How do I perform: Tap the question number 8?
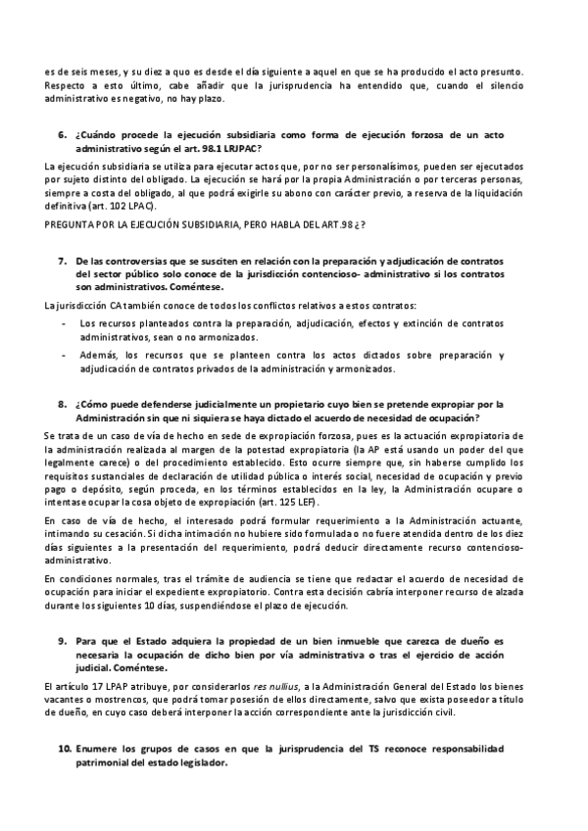[62, 402]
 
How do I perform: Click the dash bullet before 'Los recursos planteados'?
[64, 321]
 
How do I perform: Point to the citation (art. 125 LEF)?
[352, 498]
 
